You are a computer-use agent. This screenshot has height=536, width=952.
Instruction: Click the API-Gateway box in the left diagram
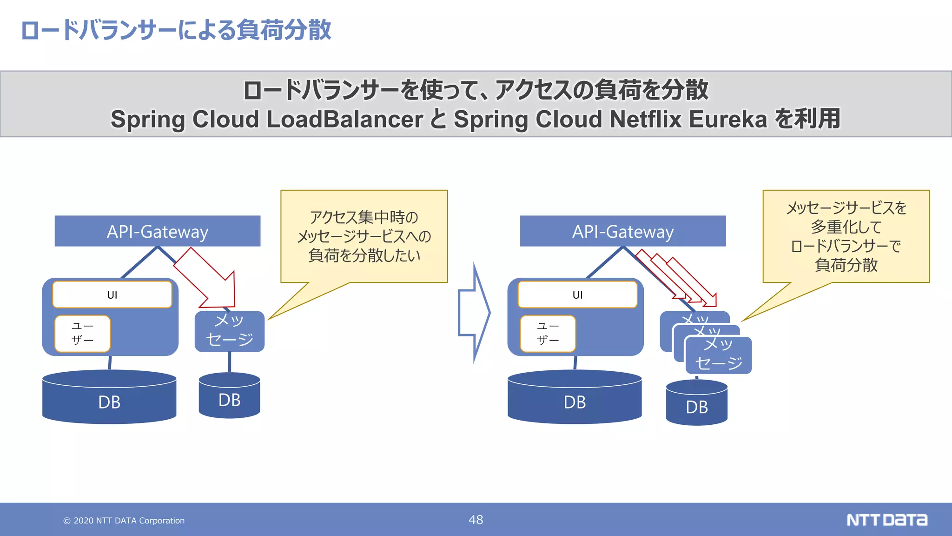pyautogui.click(x=157, y=231)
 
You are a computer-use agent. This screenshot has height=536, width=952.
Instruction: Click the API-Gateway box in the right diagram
pyautogui.click(x=622, y=231)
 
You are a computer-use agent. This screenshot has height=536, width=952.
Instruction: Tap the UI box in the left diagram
pyautogui.click(x=112, y=295)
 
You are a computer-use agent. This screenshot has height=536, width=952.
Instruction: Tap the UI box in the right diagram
pyautogui.click(x=577, y=295)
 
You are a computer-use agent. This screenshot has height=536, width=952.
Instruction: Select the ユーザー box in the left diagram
pyautogui.click(x=82, y=334)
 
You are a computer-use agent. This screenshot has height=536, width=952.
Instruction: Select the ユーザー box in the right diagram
pyautogui.click(x=548, y=334)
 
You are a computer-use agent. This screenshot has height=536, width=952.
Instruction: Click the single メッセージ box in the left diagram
pyautogui.click(x=229, y=331)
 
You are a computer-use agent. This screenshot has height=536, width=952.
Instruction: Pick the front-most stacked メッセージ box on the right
pyautogui.click(x=718, y=355)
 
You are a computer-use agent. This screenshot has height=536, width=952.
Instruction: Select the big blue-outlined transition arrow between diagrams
pyautogui.click(x=474, y=313)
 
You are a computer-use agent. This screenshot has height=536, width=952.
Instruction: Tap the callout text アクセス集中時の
pyautogui.click(x=364, y=217)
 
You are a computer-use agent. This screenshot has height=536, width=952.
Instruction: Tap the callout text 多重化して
pyautogui.click(x=846, y=227)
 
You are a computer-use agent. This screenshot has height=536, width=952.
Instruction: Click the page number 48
pyautogui.click(x=476, y=520)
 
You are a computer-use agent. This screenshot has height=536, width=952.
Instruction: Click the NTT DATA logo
pyautogui.click(x=886, y=520)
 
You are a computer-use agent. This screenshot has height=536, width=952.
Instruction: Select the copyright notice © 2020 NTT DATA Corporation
pyautogui.click(x=124, y=521)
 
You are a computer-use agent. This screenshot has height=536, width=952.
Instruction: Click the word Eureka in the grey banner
pyautogui.click(x=727, y=119)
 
